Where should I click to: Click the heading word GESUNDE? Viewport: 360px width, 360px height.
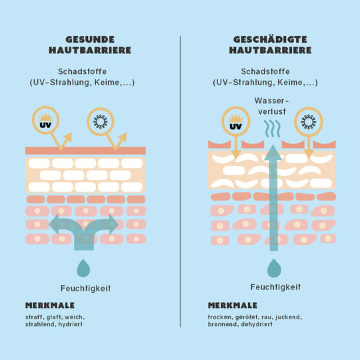point(90,39)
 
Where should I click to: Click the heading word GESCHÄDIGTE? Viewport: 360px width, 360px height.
point(270,39)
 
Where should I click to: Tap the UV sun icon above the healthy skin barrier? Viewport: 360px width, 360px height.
point(46,120)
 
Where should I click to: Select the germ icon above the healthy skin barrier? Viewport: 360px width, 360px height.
point(100,121)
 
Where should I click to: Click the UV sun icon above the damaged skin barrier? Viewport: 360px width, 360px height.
point(236,121)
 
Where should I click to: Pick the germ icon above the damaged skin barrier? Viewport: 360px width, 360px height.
point(309,122)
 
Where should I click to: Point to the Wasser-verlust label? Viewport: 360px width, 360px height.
point(272,106)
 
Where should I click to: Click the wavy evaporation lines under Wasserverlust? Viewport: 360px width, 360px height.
point(272,129)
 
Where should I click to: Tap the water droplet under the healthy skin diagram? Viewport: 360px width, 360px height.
point(83,269)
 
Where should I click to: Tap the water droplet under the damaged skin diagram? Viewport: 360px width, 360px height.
point(274,268)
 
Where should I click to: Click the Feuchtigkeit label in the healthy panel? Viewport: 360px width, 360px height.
point(85,289)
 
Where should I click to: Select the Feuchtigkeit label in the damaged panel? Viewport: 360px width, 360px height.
point(275,287)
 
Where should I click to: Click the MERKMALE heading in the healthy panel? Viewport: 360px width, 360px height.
point(50,305)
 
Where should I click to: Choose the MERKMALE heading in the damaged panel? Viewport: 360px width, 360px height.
point(233,305)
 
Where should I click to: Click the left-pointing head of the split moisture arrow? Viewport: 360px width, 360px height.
point(54,224)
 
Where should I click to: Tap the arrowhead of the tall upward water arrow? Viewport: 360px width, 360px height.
point(273,153)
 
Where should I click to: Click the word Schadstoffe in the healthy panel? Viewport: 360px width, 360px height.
point(82,71)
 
